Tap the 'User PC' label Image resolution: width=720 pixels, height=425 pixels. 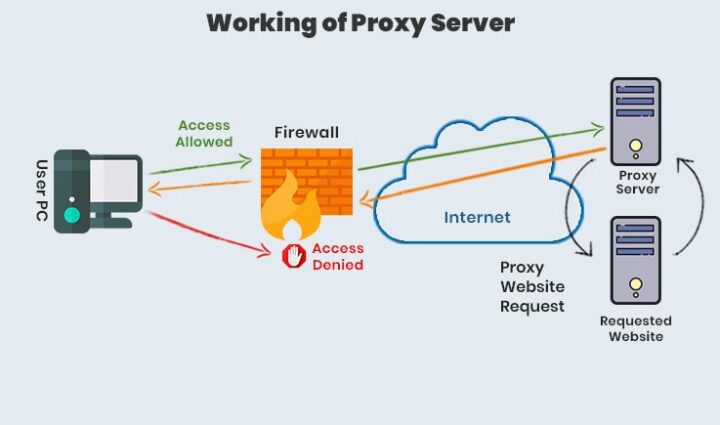pos(42,190)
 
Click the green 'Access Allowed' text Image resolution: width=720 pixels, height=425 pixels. pos(205,134)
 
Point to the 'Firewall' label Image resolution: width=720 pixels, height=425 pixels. pos(306,132)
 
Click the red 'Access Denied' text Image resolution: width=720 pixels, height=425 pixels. pos(337,257)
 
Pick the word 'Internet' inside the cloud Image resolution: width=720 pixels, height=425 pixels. pos(477,217)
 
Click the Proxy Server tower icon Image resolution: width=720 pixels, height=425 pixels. pos(635,120)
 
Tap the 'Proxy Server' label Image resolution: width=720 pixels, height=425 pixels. pos(637,183)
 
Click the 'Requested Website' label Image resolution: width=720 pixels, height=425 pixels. pos(636,329)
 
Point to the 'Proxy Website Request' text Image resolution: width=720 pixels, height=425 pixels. pos(533,287)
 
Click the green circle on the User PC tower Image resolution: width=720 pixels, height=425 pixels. pos(72,215)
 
